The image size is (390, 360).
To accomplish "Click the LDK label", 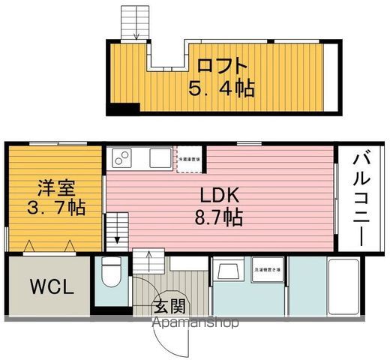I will click(x=218, y=195).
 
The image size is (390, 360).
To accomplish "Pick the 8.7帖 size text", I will click(x=218, y=217).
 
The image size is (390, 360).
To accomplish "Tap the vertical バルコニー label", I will click(x=358, y=199).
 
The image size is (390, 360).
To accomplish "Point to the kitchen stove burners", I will click(x=121, y=158).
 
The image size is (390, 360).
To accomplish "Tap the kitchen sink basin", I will click(x=159, y=158).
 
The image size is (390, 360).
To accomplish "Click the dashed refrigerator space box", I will click(x=187, y=159).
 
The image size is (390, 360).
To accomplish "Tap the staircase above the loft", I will click(x=135, y=21).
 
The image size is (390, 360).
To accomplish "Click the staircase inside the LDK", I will click(x=117, y=226).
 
